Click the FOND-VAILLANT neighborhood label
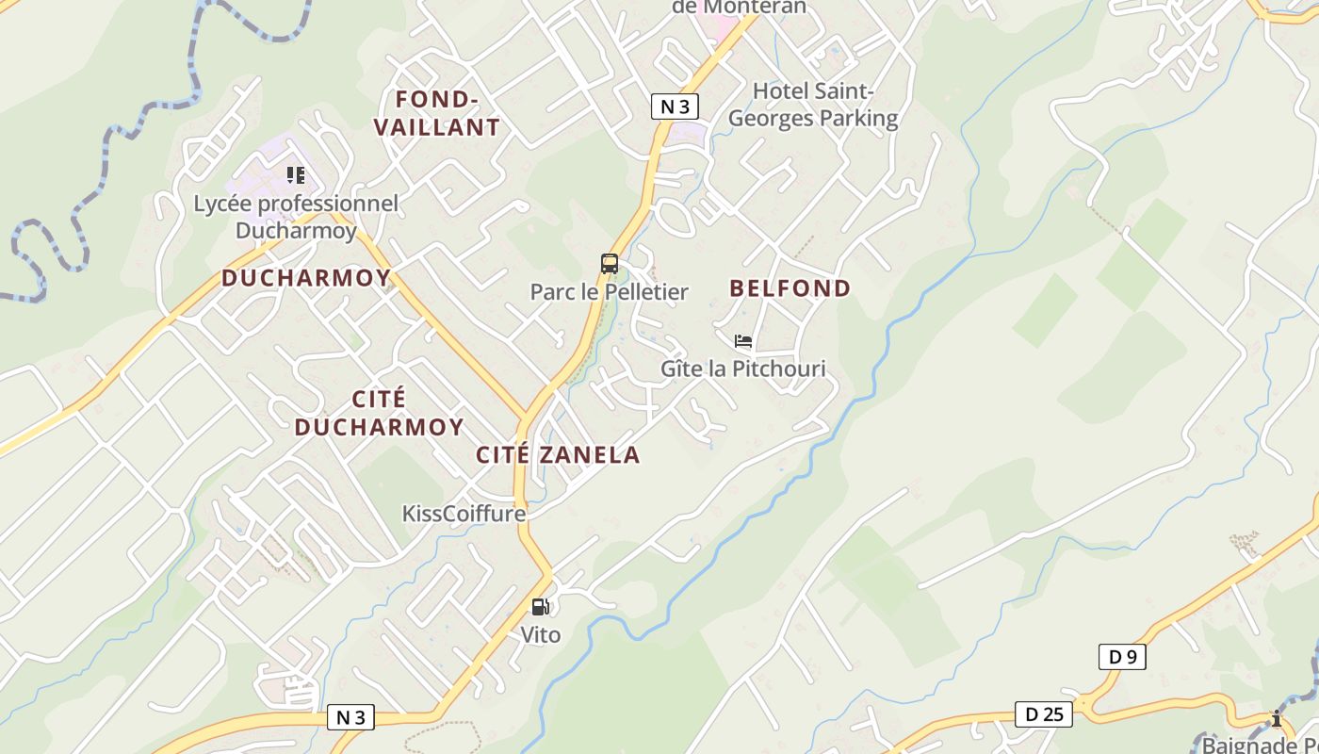[x=437, y=113]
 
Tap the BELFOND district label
[x=790, y=288]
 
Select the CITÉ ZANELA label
[x=558, y=455]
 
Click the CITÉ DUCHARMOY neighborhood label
[x=379, y=413]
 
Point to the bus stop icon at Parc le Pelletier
[x=610, y=264]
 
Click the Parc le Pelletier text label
[x=609, y=292]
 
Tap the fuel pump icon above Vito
[x=540, y=607]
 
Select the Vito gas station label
[x=541, y=635]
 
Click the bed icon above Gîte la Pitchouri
[x=743, y=341]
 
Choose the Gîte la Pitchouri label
[x=742, y=369]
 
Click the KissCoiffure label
[x=464, y=514]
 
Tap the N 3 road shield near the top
[x=675, y=107]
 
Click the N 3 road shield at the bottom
[x=350, y=717]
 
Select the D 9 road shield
[x=1122, y=657]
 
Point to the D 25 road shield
[x=1044, y=714]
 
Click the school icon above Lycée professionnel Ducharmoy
[x=296, y=175]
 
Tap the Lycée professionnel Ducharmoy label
[x=296, y=217]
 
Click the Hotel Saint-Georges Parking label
[x=813, y=105]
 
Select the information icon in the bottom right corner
[x=1277, y=718]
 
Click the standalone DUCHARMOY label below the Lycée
[x=306, y=278]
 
